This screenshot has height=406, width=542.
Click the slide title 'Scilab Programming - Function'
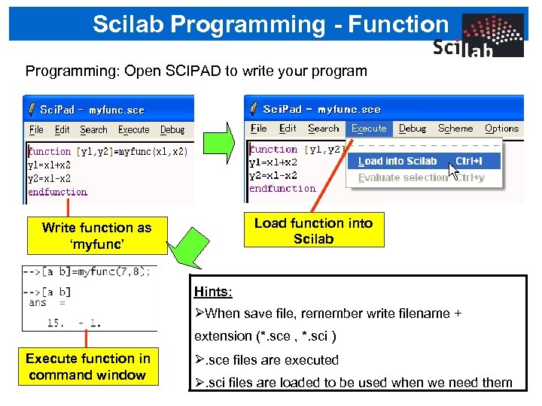point(270,24)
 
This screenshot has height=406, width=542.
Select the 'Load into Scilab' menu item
point(397,161)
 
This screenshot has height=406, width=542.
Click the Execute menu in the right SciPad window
point(369,129)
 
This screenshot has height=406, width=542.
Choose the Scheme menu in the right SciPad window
point(455,129)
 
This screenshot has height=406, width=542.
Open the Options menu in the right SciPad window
point(501,129)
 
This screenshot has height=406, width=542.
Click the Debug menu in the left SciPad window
point(172,129)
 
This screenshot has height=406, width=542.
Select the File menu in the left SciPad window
point(36,129)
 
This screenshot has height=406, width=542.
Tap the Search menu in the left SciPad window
point(94,129)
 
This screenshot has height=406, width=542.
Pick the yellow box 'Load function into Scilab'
point(313,230)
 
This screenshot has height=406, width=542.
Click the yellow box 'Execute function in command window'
point(88,367)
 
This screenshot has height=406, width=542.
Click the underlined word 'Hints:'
point(213,291)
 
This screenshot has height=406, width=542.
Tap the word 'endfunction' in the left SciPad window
point(58,192)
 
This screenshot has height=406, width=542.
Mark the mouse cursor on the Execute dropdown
point(452,170)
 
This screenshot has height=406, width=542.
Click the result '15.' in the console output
point(56,323)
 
